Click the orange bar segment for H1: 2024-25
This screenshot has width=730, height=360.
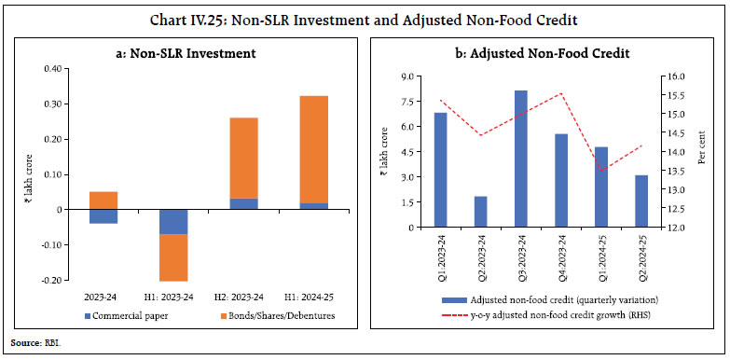click(314, 149)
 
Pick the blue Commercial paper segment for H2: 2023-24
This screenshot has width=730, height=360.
click(244, 203)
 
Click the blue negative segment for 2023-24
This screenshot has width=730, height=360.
click(103, 216)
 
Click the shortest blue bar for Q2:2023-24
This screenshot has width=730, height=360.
click(480, 212)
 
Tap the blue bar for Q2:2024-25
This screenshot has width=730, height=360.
click(641, 201)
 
